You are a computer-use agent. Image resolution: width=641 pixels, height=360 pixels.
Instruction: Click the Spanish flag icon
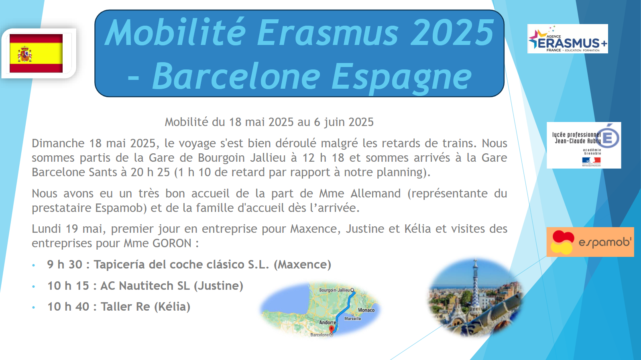pos(36,53)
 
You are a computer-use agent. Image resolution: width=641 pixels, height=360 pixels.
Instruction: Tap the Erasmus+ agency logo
pos(568,39)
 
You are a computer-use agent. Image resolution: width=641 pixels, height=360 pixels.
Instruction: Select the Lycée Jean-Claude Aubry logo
pos(584,145)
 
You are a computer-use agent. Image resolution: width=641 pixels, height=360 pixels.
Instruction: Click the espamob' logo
pos(590,242)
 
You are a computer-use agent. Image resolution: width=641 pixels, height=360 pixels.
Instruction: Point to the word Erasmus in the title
pos(328,32)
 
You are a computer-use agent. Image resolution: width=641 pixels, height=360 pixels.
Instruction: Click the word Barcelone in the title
pos(236,76)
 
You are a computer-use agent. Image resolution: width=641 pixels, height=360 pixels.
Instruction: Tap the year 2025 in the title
pos(452,32)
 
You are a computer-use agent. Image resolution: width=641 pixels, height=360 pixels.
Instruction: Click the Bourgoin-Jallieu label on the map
pos(334,290)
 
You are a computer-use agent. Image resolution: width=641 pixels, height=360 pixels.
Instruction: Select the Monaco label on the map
pos(366,310)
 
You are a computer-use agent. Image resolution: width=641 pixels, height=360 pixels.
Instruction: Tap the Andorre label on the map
pos(328,322)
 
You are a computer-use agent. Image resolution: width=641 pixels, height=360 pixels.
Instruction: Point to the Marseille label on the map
pos(352,319)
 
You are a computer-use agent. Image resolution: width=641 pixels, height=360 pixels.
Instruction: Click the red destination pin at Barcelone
pos(332,329)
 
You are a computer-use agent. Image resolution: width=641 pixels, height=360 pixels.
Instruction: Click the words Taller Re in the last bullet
pos(125,307)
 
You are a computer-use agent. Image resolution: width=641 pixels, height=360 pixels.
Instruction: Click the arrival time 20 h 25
pos(150,172)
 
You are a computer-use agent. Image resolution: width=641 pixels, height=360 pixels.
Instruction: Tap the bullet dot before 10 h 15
pos(34,287)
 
